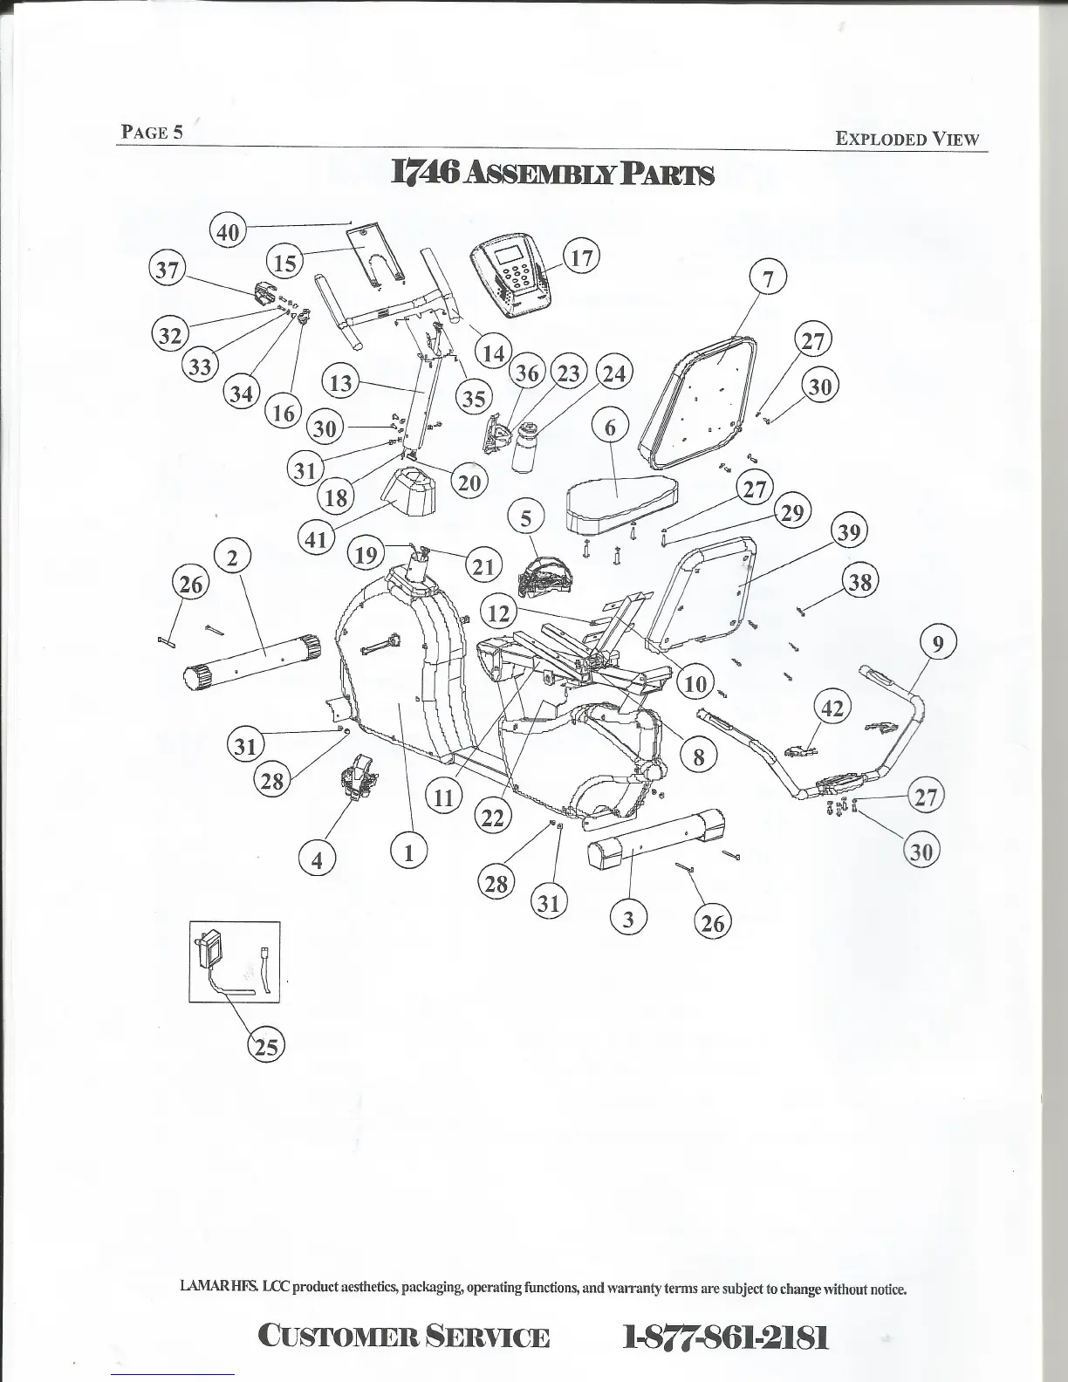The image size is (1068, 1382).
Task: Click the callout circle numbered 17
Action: click(582, 257)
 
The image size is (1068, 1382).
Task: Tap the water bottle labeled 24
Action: click(525, 446)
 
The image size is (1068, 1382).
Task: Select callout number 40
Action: click(227, 232)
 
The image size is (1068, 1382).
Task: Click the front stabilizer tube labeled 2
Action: click(253, 659)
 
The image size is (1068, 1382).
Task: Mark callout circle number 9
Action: click(938, 644)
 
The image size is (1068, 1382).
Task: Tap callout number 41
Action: click(316, 538)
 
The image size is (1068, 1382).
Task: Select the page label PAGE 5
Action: click(152, 132)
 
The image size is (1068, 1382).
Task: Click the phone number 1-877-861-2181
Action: click(725, 1336)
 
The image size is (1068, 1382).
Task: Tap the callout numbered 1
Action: click(407, 849)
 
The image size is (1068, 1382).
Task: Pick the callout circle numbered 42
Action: click(832, 708)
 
